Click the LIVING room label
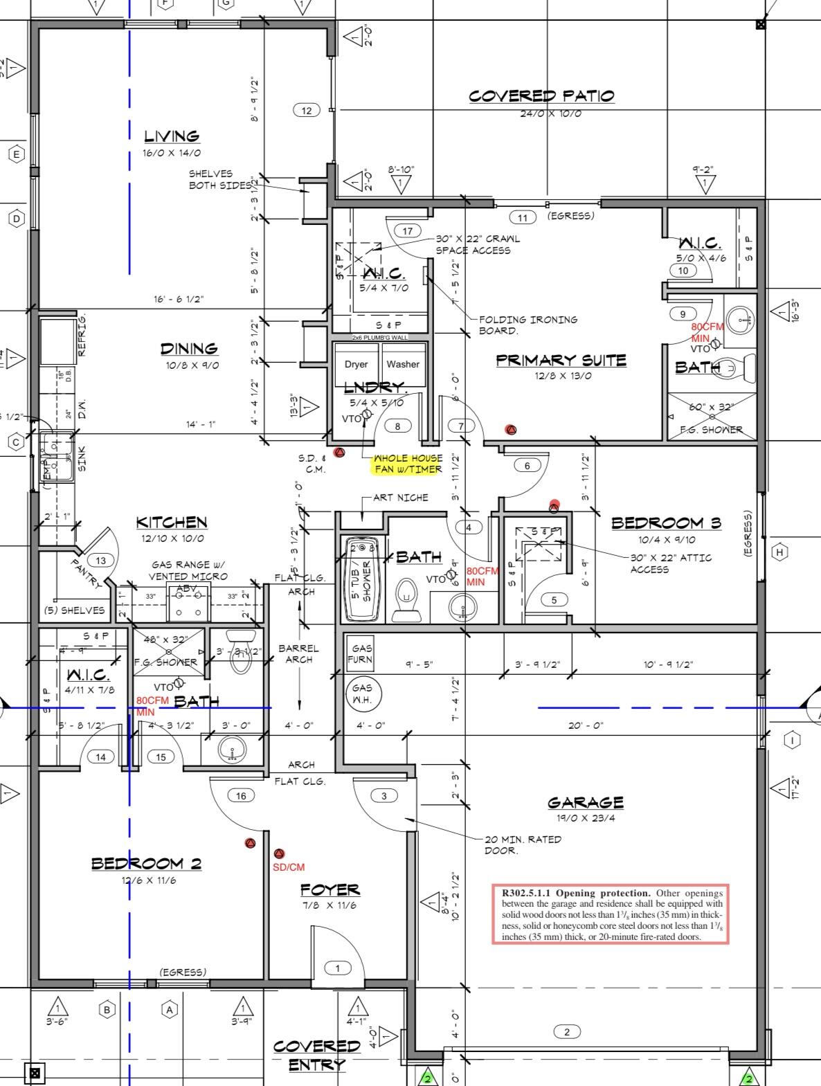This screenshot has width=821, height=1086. tap(172, 136)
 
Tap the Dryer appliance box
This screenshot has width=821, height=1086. tap(356, 365)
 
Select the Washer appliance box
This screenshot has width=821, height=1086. tap(403, 365)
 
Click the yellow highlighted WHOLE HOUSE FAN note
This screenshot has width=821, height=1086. tap(408, 464)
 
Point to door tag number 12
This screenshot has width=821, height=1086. tap(307, 110)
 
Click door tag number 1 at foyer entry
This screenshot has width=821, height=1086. tap(338, 968)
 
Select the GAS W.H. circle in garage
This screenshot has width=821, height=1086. tap(362, 693)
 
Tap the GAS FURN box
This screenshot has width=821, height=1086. tap(361, 653)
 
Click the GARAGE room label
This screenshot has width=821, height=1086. tap(586, 802)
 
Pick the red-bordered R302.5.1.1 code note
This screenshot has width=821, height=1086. tap(611, 914)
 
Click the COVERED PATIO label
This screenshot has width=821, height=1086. tap(541, 96)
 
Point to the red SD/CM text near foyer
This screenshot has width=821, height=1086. tap(289, 867)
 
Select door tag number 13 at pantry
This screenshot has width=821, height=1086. tap(101, 561)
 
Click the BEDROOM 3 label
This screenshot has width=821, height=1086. tap(666, 523)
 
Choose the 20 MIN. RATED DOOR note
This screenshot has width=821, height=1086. tap(523, 844)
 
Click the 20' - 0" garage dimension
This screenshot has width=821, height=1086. tap(586, 725)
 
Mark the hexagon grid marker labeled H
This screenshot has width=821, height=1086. tap(780, 552)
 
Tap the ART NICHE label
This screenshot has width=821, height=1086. tap(400, 497)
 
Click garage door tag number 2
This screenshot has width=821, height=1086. tap(567, 1032)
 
